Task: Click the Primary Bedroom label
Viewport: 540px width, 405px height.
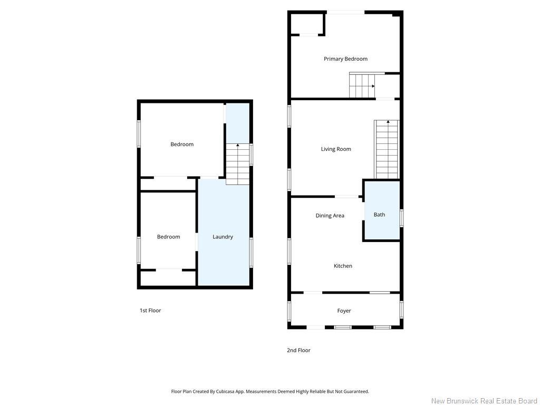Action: pos(345,59)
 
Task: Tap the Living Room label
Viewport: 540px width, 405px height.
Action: pos(336,149)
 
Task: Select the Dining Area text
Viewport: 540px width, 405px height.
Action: pos(330,216)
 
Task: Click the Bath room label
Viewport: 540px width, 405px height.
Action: pos(379,215)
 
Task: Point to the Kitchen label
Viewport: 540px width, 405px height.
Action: pos(343,266)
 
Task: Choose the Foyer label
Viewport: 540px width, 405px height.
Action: pos(344,311)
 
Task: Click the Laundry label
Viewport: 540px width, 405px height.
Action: pos(223,237)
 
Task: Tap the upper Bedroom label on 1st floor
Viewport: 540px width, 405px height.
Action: pos(182,144)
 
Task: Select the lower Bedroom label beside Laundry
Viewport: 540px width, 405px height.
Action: pos(168,237)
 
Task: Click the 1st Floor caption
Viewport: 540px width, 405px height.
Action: pos(150,310)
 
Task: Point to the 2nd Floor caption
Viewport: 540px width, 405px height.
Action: pos(298,350)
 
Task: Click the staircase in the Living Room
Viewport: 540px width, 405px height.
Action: pos(387,149)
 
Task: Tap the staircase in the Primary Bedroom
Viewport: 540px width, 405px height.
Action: pos(362,85)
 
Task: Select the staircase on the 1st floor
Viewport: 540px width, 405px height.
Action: pos(238,165)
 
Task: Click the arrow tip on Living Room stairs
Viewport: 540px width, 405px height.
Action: pos(388,121)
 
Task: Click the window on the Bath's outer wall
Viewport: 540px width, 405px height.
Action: pos(401,218)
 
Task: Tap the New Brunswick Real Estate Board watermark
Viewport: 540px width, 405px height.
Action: pos(484,401)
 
